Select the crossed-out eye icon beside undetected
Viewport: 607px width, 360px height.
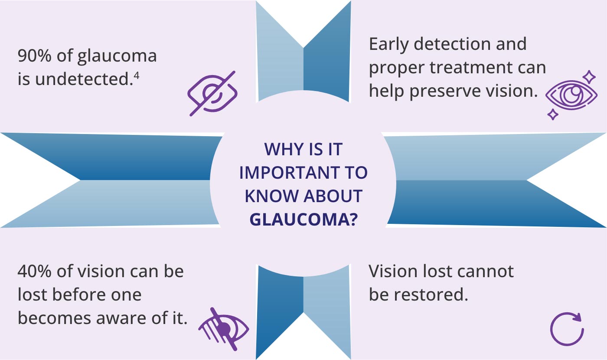pyautogui.click(x=212, y=93)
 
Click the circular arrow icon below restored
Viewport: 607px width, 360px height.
pyautogui.click(x=566, y=329)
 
